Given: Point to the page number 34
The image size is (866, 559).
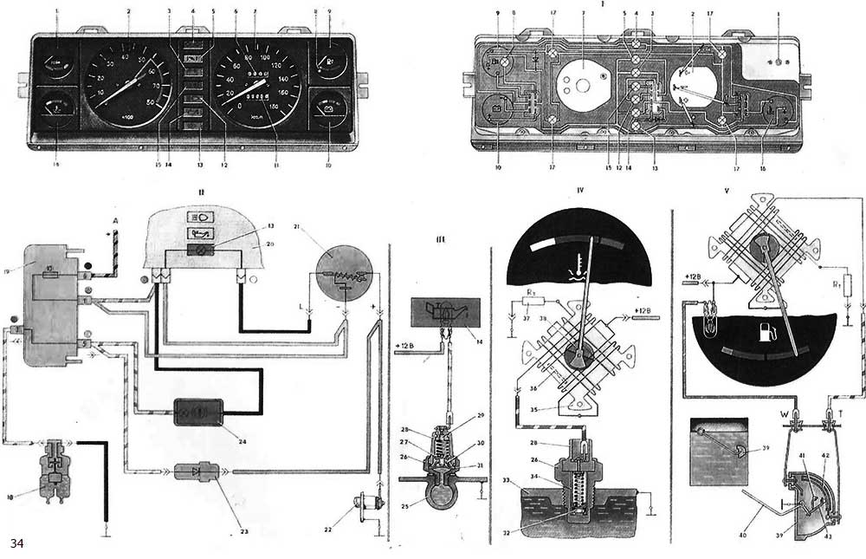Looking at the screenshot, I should pyautogui.click(x=17, y=543).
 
